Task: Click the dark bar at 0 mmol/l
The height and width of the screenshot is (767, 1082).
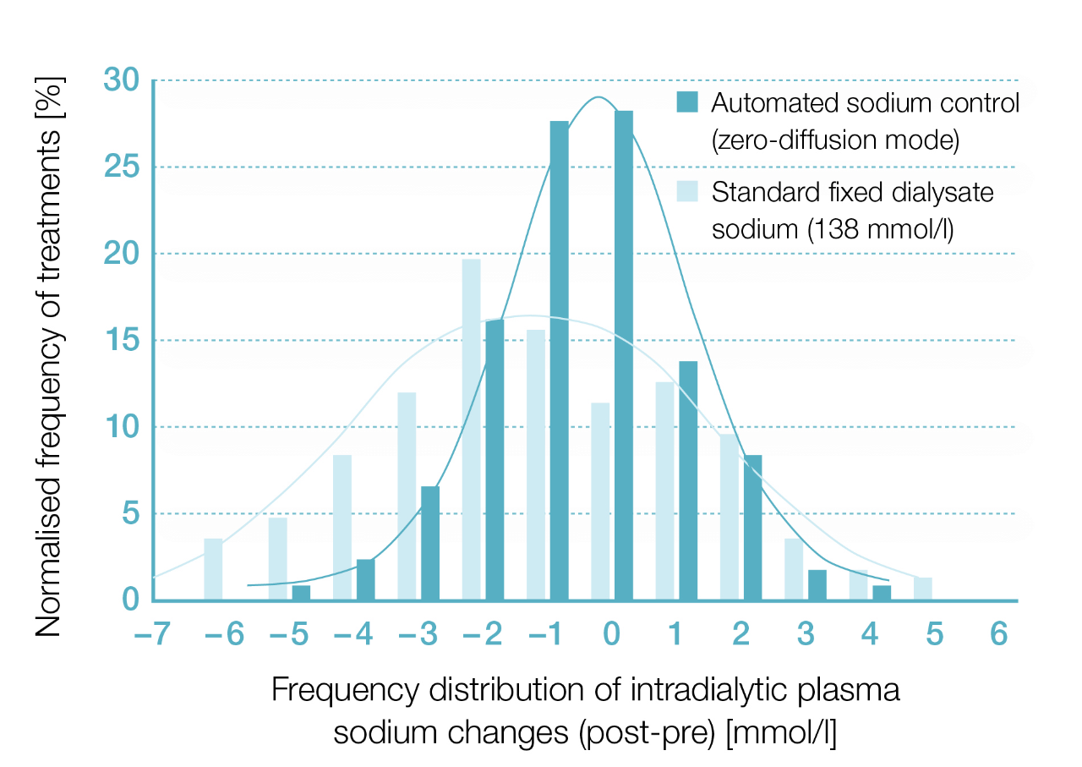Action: tap(624, 355)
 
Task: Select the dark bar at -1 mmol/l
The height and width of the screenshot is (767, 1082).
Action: tap(560, 360)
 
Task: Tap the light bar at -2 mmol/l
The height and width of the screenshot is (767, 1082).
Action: tap(472, 430)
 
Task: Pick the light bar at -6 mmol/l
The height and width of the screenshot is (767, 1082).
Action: tap(213, 569)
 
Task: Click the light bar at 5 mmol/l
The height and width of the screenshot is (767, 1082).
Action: tap(923, 589)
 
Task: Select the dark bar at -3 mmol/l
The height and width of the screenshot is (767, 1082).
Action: tap(430, 543)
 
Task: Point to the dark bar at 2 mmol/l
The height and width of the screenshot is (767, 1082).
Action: tap(752, 528)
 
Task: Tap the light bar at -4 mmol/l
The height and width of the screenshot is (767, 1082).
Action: tap(342, 528)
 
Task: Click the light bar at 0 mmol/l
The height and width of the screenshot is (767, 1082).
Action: tap(600, 501)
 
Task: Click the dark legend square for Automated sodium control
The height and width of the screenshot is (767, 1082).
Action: tap(687, 102)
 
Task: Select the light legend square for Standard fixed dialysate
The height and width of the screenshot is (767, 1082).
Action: tap(687, 192)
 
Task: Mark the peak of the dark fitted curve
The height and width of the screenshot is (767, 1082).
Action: tap(598, 97)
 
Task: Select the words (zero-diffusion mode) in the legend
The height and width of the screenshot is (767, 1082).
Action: tap(835, 140)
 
